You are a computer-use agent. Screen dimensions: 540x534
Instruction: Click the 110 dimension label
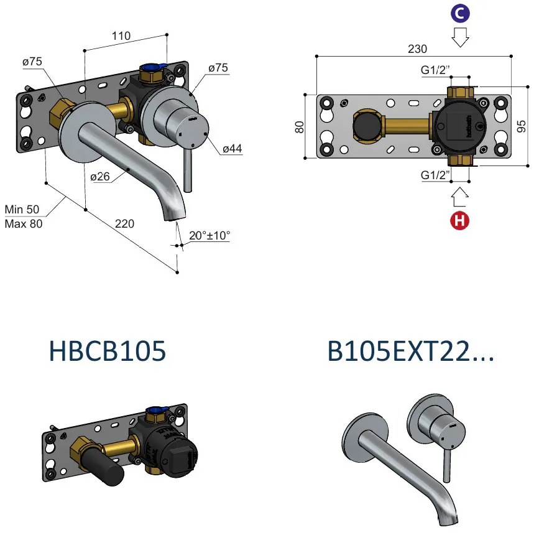(x=121, y=36)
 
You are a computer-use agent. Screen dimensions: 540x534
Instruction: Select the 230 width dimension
(x=417, y=49)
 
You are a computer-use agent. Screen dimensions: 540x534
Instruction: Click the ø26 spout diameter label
(x=101, y=177)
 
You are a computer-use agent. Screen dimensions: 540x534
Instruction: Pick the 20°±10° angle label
(x=209, y=236)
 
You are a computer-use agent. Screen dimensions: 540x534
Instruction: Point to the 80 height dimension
(x=299, y=127)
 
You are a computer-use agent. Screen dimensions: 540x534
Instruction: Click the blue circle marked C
(x=460, y=13)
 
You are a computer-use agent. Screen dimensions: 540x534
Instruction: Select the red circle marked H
(x=460, y=220)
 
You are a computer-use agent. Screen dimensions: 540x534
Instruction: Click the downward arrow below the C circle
(x=460, y=38)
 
